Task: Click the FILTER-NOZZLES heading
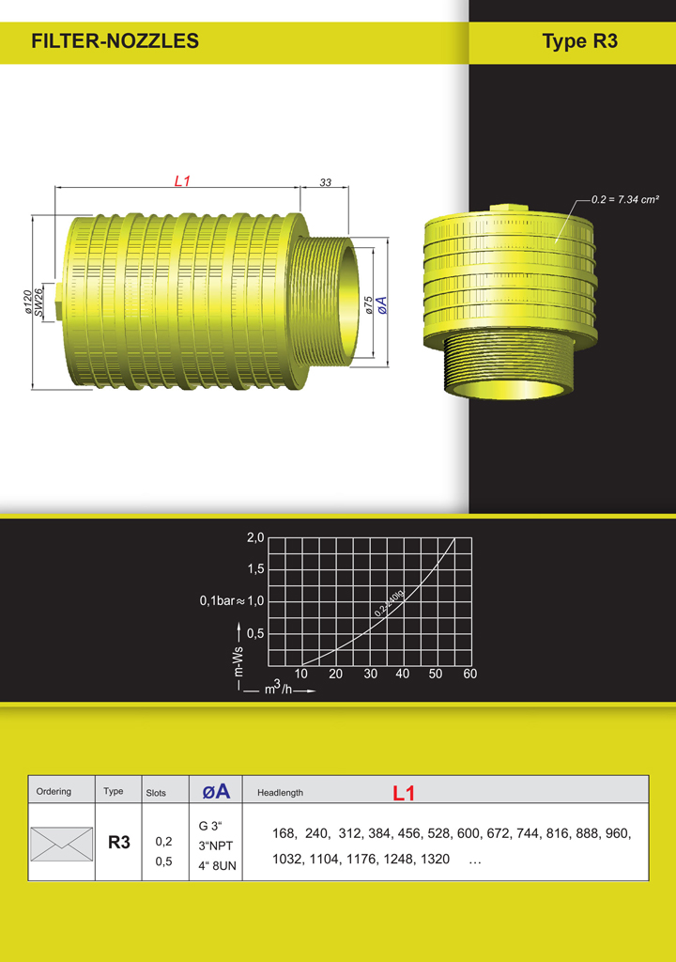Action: click(115, 41)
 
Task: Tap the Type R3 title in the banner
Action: click(579, 41)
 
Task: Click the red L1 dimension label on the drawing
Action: click(182, 181)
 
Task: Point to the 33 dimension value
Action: click(325, 182)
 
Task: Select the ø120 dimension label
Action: click(27, 303)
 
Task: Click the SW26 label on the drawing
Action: click(38, 303)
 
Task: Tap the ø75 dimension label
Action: click(368, 305)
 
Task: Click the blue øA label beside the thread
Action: click(381, 305)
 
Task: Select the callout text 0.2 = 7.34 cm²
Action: click(625, 199)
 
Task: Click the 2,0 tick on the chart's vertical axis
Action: click(255, 538)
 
